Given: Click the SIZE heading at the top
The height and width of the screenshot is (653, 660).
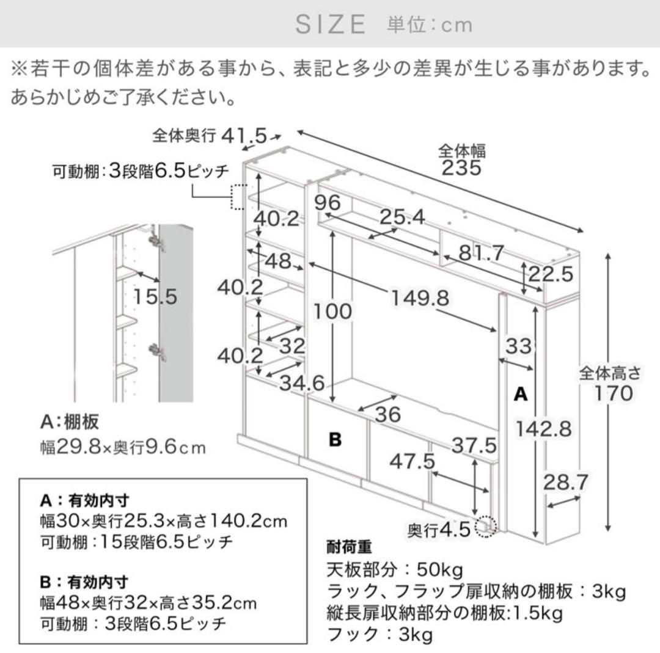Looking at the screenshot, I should pos(331,24).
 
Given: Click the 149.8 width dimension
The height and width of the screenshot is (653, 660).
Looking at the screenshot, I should pos(420,298).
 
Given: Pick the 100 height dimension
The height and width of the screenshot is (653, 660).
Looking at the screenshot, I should pos(333,311).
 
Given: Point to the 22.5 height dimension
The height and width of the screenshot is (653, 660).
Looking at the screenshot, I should pos(551,273).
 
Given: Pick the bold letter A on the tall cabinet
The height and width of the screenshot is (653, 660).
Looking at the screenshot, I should pos(520,394).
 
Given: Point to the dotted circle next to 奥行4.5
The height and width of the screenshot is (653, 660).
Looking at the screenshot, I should pos(487,525).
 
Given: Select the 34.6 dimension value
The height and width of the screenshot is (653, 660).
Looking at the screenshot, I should pos(302,382).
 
